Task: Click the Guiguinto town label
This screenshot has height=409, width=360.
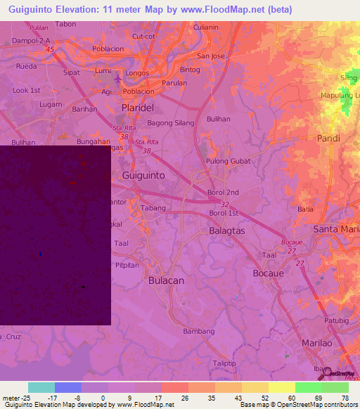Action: (143, 175)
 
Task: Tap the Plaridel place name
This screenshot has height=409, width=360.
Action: (137, 108)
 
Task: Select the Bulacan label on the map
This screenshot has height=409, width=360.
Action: (166, 280)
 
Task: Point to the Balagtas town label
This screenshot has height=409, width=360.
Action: (228, 231)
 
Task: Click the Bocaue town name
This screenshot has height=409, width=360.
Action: (267, 271)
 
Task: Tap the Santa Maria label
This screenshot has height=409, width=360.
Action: (336, 229)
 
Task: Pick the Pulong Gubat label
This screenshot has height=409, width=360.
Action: (228, 161)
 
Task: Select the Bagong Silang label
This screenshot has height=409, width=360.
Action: (169, 123)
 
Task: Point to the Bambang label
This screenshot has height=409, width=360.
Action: (198, 331)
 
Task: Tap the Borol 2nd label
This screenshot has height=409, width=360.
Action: (224, 192)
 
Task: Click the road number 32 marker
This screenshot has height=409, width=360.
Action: (224, 204)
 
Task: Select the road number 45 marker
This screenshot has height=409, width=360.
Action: (49, 50)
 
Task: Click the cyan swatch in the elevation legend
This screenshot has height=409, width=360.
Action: (41, 387)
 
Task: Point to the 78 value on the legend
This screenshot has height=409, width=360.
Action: (345, 397)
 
